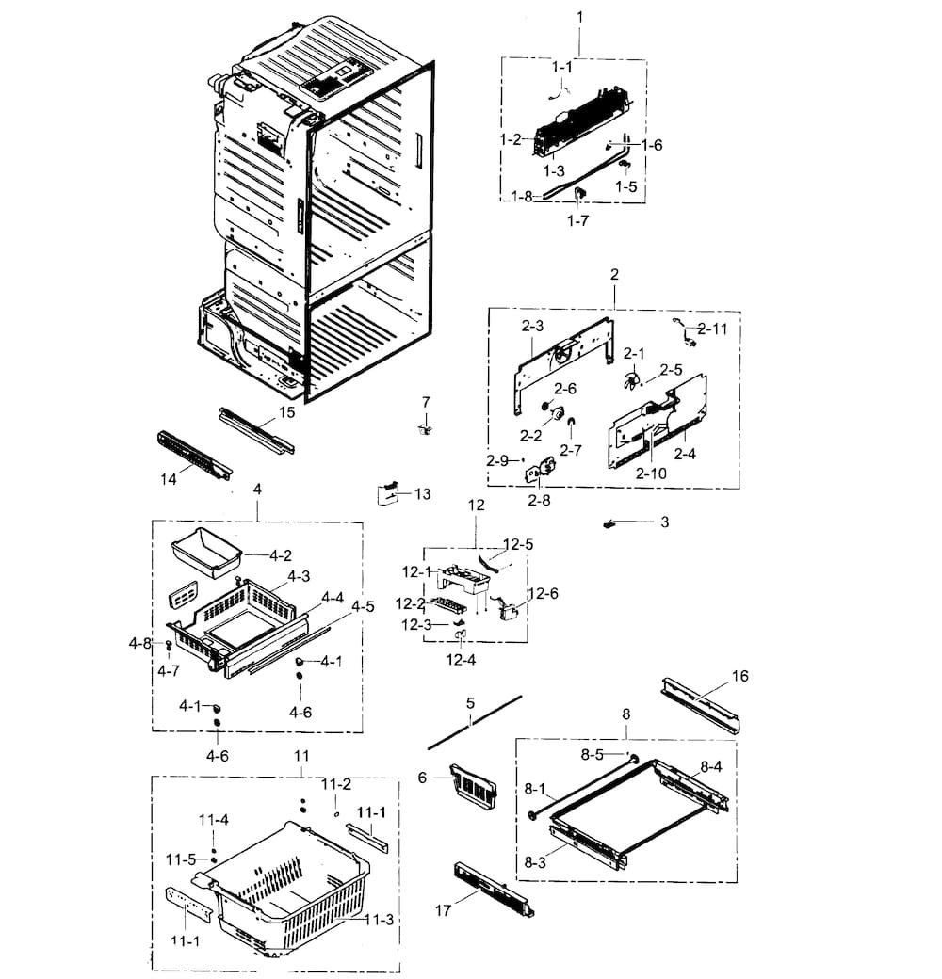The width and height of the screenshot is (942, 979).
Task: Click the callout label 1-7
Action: point(578,220)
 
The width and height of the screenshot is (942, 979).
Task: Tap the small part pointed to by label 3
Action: point(609,522)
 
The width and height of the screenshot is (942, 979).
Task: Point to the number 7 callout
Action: point(425,402)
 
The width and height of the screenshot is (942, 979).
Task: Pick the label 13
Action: point(421,493)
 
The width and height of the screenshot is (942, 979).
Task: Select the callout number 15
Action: point(286,412)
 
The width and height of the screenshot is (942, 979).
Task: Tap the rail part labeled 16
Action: point(703,705)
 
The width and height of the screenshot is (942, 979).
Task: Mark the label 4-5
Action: point(363,606)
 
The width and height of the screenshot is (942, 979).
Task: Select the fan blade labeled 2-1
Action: point(630,379)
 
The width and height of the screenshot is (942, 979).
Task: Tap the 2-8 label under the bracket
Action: point(539,500)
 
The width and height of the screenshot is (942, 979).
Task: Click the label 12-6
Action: point(543,593)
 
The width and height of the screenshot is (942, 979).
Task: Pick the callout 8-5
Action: point(592,754)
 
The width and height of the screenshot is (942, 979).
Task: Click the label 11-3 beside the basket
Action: point(378,920)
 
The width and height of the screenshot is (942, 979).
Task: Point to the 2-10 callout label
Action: point(650,473)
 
